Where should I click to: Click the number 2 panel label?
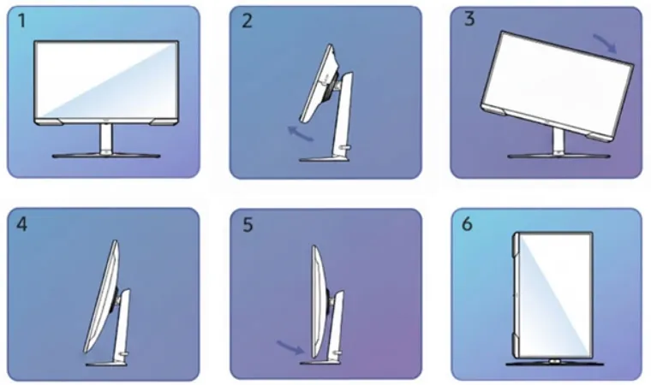click(248, 22)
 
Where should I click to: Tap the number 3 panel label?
click(469, 21)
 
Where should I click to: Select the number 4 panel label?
click(23, 225)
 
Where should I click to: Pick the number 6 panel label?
click(467, 224)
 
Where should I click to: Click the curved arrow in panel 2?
click(299, 133)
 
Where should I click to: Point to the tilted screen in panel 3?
click(557, 81)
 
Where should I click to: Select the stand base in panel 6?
click(548, 363)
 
